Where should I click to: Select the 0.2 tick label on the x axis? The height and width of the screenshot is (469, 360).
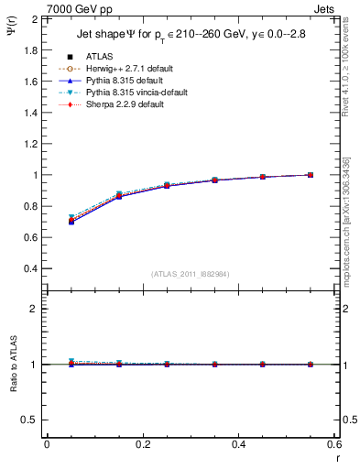tap(142, 443)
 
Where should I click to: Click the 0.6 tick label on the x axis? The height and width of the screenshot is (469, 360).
tap(333, 443)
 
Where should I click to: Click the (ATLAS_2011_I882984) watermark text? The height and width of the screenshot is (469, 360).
tap(191, 275)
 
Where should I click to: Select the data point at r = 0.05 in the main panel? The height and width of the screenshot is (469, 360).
tap(71, 221)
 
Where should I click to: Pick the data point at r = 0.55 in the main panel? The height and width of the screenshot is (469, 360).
tap(311, 175)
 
